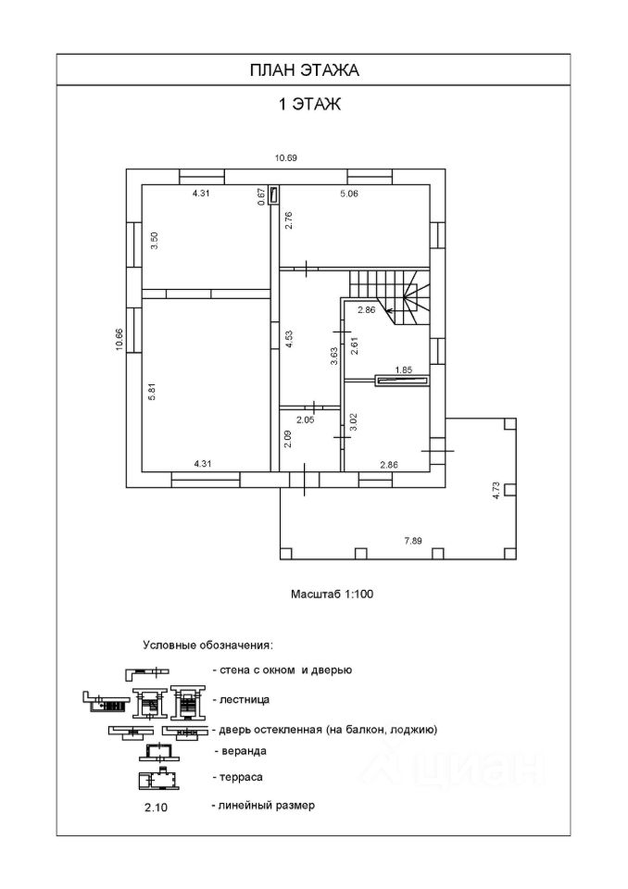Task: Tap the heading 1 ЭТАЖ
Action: click(x=310, y=105)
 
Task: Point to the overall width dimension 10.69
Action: click(x=285, y=158)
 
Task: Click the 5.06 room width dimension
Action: click(x=349, y=194)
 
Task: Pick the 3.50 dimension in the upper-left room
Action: click(x=156, y=241)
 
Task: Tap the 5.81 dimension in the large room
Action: click(x=152, y=392)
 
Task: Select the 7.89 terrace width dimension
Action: click(x=411, y=541)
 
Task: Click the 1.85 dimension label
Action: click(x=404, y=370)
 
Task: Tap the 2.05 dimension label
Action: click(x=305, y=419)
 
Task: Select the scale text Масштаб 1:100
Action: click(x=331, y=595)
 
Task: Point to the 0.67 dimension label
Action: click(x=261, y=194)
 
